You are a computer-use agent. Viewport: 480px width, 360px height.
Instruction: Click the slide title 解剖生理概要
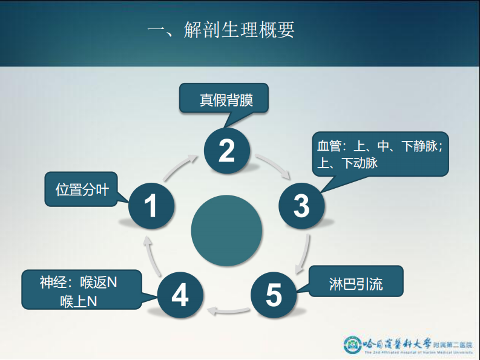(x=221, y=30)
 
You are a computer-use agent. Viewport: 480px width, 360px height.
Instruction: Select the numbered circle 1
(x=151, y=206)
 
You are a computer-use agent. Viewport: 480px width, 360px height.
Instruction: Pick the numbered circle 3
(x=301, y=206)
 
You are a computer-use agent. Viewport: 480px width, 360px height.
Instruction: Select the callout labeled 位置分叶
(x=82, y=189)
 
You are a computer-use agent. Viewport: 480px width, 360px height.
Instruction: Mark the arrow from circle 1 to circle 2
(x=181, y=166)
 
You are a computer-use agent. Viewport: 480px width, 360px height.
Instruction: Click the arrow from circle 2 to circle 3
(x=272, y=166)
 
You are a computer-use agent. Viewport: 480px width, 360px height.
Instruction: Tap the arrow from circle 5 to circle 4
(x=227, y=313)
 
